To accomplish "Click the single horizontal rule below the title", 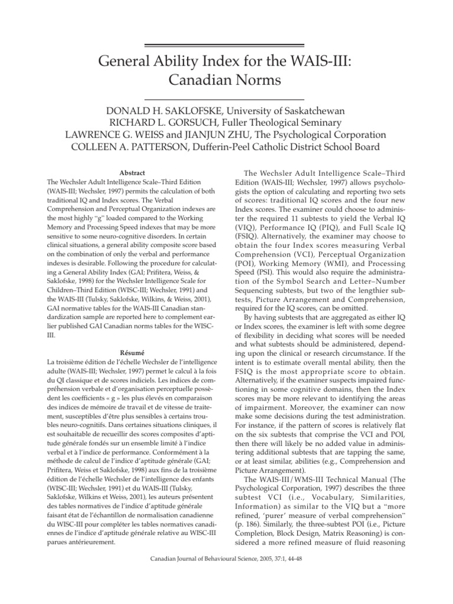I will (224, 97).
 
